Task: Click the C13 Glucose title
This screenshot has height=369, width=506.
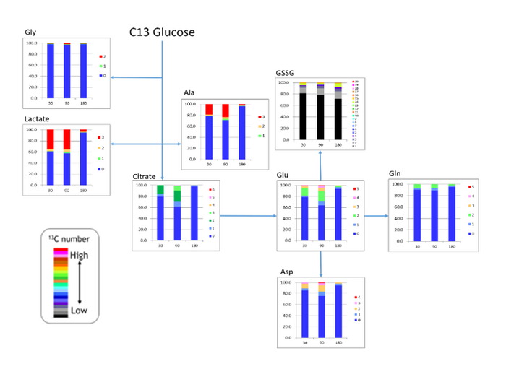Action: click(162, 32)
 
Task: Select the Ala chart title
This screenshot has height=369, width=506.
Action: click(189, 93)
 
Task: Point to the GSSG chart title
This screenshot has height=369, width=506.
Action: click(286, 73)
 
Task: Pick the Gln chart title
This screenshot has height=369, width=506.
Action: click(396, 175)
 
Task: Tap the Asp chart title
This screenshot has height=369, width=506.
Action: click(286, 272)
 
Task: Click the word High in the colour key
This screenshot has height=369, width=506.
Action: click(80, 256)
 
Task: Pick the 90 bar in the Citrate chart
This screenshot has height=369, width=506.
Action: click(176, 212)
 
